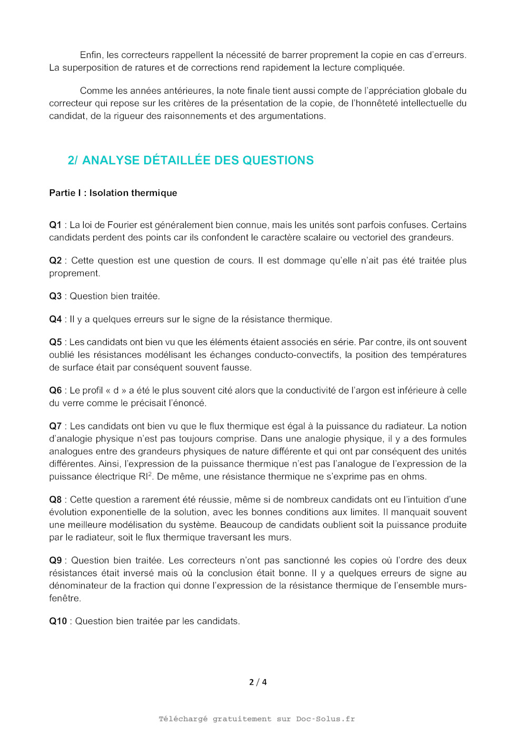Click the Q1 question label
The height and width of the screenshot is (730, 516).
pos(55,225)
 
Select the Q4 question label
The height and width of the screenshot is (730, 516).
pos(55,319)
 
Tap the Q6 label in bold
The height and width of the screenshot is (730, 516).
pos(55,390)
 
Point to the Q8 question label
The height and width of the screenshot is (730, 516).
pos(55,499)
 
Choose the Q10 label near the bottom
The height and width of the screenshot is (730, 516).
pos(58,621)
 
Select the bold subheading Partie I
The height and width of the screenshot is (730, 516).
pos(113,193)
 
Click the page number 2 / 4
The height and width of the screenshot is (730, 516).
pos(258,682)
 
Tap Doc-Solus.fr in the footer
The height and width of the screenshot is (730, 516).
pos(325,719)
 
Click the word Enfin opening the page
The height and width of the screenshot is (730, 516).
pos(91,55)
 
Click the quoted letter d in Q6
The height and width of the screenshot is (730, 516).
pos(116,390)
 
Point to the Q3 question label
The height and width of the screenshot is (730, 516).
pos(55,296)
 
